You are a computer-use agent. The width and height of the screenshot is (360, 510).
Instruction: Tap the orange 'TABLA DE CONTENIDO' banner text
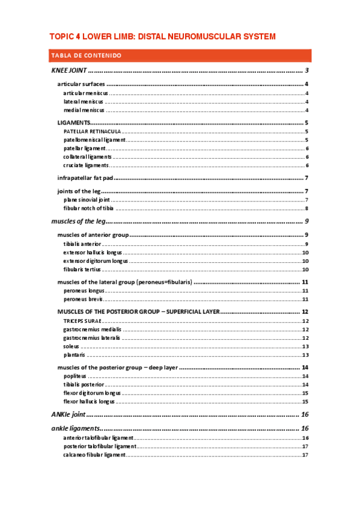coord(87,56)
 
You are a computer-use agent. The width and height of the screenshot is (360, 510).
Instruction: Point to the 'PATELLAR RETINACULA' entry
coord(93,131)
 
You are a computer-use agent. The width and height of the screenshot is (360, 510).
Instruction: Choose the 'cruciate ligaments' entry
coord(87,165)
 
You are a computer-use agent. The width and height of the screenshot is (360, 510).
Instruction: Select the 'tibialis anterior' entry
coord(82,244)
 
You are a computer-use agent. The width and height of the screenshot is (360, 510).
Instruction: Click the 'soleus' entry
coord(71,346)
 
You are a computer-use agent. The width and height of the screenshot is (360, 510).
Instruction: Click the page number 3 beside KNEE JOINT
coord(307,71)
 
